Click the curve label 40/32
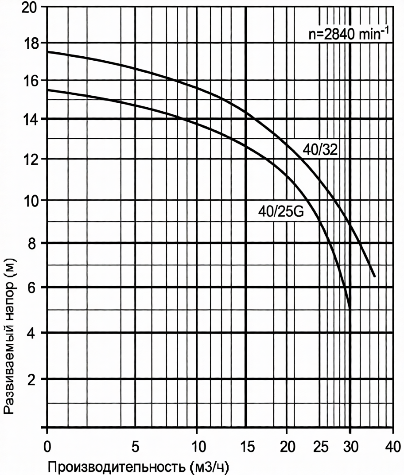coord(320,150)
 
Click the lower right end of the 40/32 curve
coord(375,276)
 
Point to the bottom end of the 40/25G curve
coord(350,309)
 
